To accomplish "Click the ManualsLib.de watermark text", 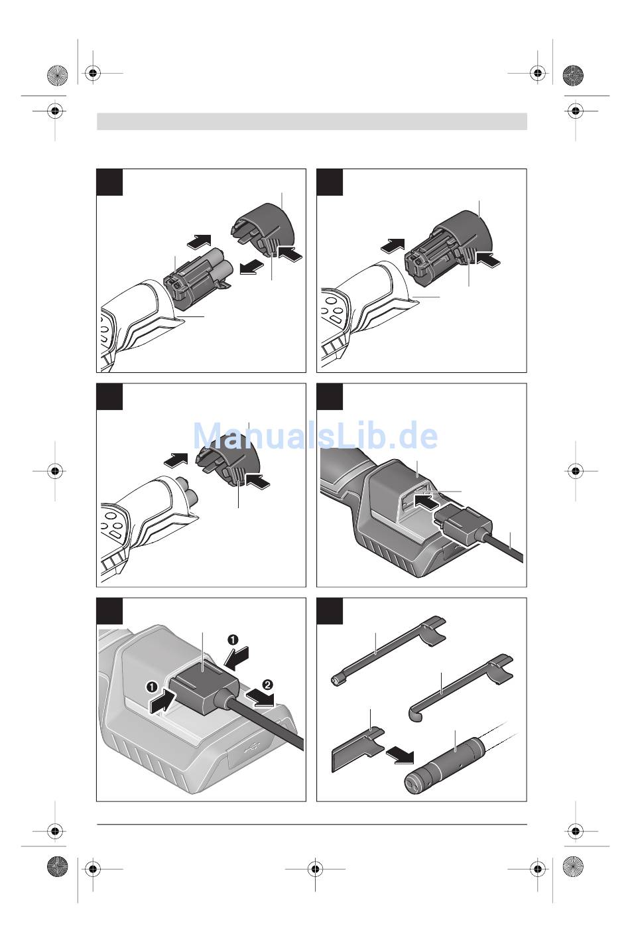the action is coord(315,436).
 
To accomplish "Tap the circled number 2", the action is coord(267,685).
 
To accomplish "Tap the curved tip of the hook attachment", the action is coord(415,714).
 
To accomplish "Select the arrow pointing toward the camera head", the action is coord(400,754).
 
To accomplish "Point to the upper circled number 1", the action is coord(232,639).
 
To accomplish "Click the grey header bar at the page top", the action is coord(312,121).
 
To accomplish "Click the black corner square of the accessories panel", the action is coord(330,611).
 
